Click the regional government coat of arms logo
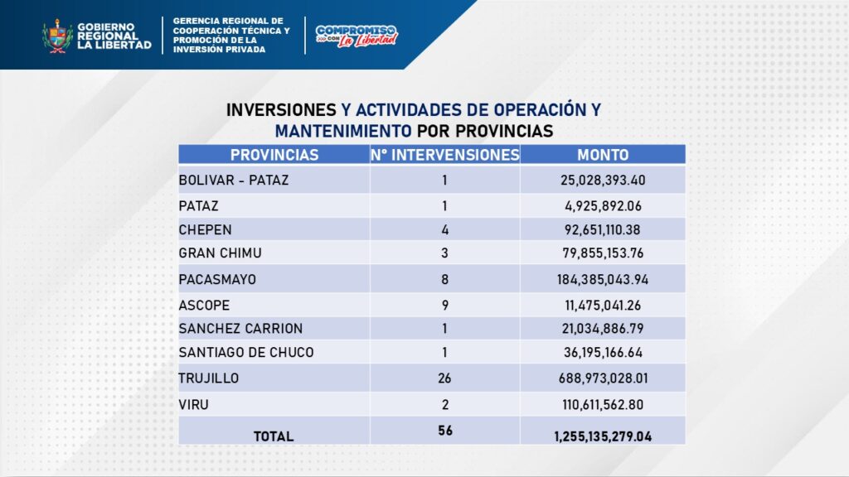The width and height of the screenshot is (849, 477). (57, 36)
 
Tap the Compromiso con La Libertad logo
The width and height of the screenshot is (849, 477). (357, 36)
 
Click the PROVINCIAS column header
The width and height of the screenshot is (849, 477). (274, 155)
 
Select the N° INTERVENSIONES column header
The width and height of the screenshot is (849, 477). (444, 155)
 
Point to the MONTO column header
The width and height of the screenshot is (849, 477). (603, 155)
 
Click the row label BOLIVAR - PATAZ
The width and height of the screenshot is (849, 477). (234, 181)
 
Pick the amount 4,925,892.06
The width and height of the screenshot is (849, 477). (603, 205)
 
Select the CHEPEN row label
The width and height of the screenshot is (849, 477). (205, 229)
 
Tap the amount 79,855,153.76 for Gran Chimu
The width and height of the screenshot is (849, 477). (603, 253)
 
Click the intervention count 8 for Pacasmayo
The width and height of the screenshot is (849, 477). (444, 280)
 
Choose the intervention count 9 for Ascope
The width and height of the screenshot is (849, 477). (444, 305)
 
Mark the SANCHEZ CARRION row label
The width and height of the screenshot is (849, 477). (240, 329)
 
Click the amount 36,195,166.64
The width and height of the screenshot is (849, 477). (603, 353)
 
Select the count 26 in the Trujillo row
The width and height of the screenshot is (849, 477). (444, 378)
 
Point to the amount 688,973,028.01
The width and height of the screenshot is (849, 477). (603, 378)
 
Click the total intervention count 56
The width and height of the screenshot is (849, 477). (444, 431)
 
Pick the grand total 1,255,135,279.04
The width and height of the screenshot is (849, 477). (603, 436)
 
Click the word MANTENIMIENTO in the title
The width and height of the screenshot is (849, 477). (343, 131)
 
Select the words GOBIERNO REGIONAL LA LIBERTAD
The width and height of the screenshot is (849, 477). (114, 36)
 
